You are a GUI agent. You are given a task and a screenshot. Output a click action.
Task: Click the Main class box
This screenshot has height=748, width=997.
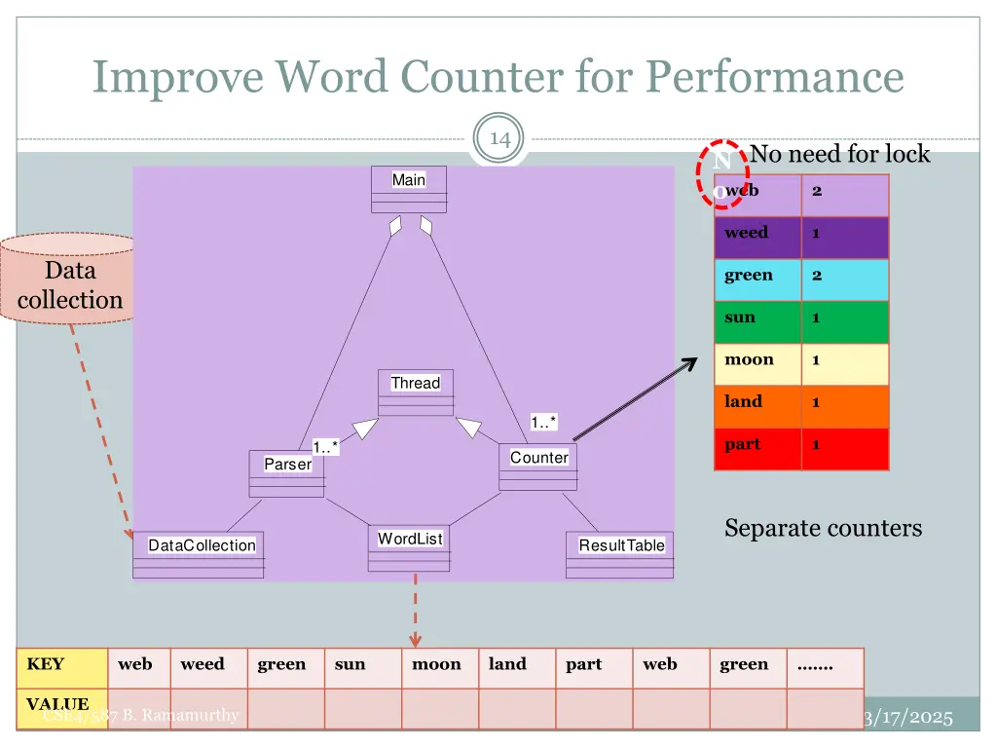click(x=409, y=189)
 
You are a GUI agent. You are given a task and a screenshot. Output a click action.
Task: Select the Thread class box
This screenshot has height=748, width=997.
click(x=416, y=393)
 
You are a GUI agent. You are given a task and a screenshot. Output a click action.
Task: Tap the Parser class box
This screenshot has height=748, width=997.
click(x=287, y=473)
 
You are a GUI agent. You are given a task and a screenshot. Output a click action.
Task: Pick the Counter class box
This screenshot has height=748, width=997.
click(x=538, y=467)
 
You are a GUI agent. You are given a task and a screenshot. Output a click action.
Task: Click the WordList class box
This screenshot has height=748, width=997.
click(x=410, y=548)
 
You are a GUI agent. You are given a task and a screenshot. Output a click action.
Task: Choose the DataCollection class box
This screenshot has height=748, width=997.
click(x=200, y=554)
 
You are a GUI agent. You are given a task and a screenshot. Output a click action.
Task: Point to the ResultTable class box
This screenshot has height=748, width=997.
click(x=620, y=554)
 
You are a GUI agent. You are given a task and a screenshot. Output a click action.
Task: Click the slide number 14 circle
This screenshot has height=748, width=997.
click(x=500, y=139)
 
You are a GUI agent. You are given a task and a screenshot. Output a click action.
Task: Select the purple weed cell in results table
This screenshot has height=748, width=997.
click(x=757, y=234)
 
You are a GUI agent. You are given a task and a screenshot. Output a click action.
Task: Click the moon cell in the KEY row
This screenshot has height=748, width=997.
click(x=436, y=665)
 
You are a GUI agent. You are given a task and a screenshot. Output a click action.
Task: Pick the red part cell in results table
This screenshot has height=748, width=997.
click(x=757, y=445)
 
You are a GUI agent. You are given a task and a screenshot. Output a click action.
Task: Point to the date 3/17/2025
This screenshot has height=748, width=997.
click(x=907, y=718)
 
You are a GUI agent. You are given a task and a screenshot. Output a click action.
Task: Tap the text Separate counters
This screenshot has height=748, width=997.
click(x=823, y=528)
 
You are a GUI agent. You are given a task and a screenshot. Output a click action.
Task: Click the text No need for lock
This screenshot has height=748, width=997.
click(x=839, y=154)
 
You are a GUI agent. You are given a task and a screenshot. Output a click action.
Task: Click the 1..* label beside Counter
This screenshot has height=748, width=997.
click(x=543, y=422)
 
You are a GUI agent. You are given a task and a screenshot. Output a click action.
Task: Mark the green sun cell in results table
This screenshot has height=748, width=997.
click(x=757, y=318)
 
